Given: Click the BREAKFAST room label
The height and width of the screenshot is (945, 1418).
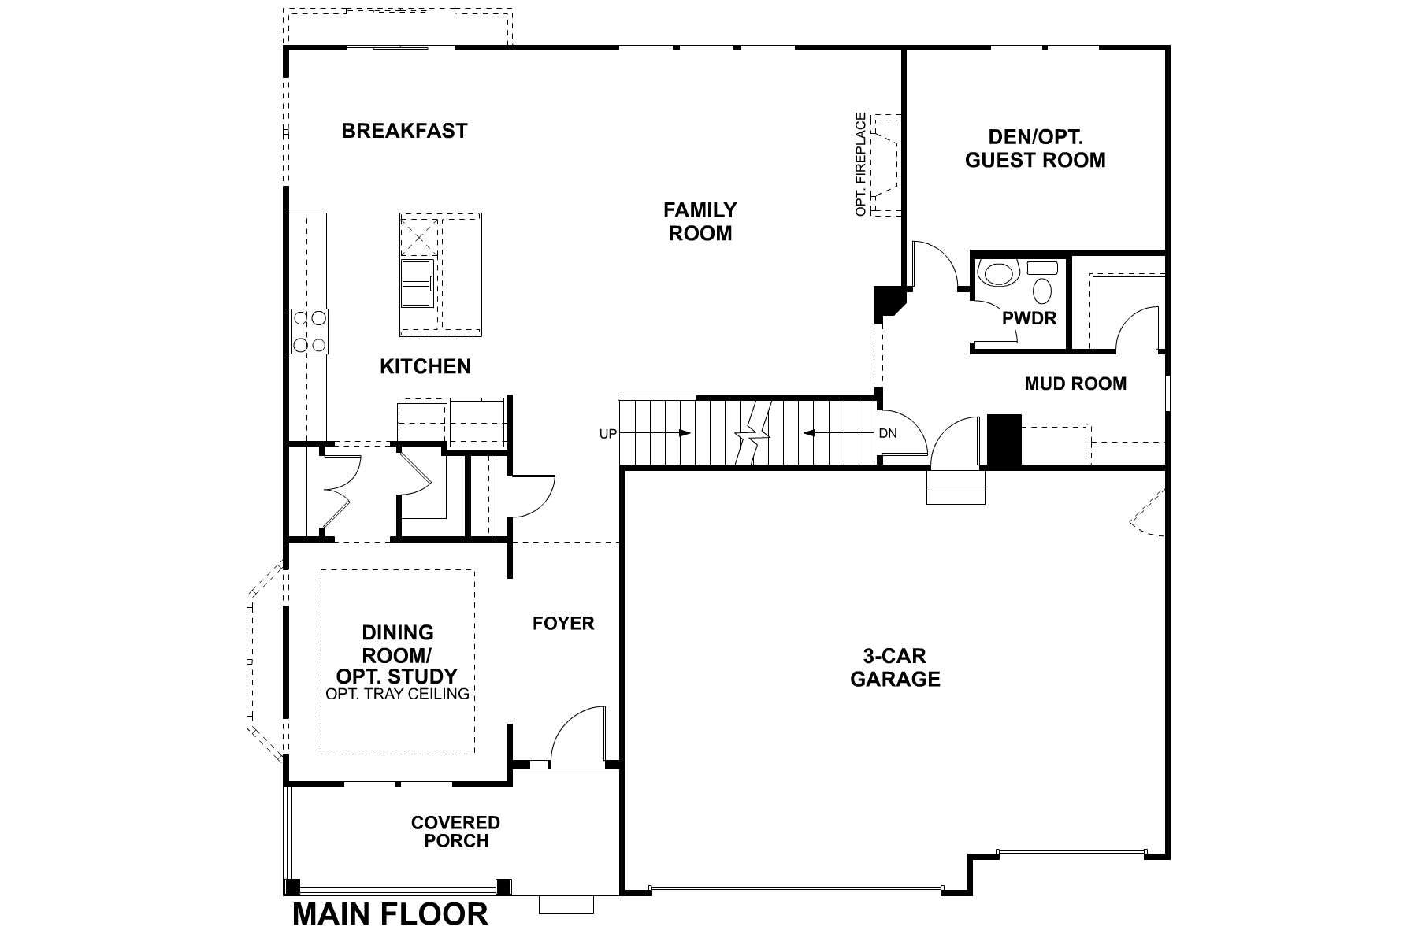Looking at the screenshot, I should (x=404, y=131).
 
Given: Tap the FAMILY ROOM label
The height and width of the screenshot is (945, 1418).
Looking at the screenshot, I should (x=700, y=221).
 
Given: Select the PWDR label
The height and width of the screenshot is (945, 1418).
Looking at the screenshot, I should (x=1029, y=319).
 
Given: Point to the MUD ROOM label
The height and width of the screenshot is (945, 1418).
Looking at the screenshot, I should (x=1075, y=384).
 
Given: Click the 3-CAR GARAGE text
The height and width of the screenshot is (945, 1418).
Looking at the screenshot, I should (x=895, y=667).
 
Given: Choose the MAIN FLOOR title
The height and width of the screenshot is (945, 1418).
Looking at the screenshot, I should (x=390, y=914).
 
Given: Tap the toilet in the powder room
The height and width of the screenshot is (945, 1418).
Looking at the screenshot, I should (x=997, y=273).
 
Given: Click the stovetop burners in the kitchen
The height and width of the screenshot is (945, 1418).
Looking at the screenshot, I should (x=309, y=332).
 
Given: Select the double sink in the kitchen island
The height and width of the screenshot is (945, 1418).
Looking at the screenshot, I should (x=416, y=283).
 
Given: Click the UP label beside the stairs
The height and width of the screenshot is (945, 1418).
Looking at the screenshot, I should (x=607, y=433).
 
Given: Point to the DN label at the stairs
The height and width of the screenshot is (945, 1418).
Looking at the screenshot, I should (x=888, y=433).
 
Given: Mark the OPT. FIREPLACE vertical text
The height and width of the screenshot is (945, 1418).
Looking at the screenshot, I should (x=861, y=165).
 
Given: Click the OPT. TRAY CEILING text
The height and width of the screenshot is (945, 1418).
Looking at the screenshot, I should (x=397, y=694).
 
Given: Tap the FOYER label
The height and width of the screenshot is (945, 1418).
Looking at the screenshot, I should (x=562, y=624).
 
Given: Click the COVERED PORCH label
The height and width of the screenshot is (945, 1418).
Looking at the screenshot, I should (x=455, y=832).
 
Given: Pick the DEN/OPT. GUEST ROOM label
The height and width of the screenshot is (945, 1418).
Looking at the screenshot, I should (x=1034, y=148).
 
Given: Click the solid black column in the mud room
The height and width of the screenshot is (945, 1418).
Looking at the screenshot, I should (x=1004, y=441).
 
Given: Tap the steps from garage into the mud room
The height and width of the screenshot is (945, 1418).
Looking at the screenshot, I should (x=956, y=487).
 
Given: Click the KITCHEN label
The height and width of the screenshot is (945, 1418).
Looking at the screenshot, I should (x=425, y=366).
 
